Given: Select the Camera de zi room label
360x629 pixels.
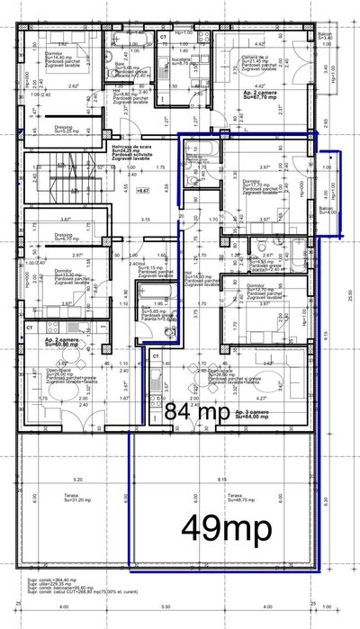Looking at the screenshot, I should pos(261,59).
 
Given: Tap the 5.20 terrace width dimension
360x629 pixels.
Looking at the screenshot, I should pos(78,480).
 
